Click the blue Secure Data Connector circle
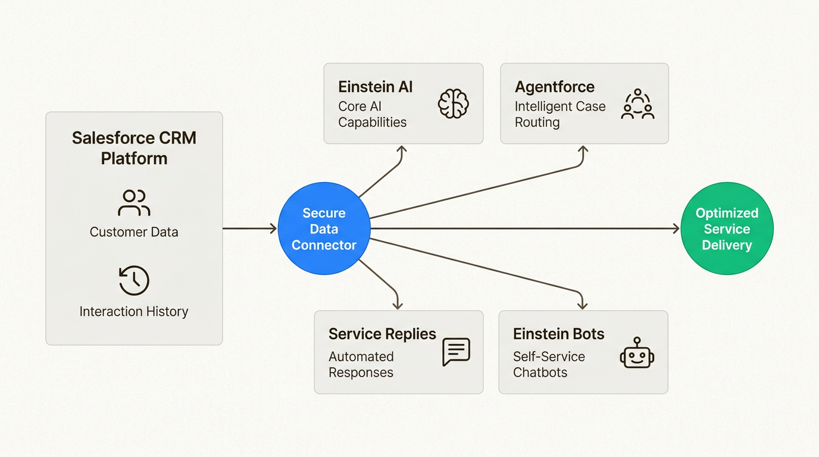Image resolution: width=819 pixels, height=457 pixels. (x=324, y=228)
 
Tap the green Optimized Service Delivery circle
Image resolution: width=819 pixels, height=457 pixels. (x=727, y=228)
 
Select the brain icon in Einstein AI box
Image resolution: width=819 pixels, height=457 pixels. (x=454, y=104)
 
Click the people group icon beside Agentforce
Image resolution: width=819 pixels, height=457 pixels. (x=637, y=105)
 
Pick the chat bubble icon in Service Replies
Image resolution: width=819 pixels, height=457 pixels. (x=457, y=352)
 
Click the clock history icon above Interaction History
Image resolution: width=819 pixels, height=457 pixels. (x=134, y=281)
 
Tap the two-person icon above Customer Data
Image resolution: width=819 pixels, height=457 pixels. (x=134, y=203)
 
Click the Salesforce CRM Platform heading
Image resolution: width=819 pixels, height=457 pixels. (x=134, y=148)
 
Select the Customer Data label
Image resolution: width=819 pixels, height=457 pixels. (x=134, y=232)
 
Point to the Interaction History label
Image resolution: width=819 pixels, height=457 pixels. (x=134, y=311)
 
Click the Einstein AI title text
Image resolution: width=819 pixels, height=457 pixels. (x=375, y=87)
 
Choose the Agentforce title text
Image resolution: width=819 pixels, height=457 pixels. (x=554, y=87)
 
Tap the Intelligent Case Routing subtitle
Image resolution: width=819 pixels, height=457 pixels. (x=559, y=114)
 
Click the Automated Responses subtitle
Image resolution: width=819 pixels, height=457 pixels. (x=361, y=364)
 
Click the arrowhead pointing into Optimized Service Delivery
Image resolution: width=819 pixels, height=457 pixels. (x=676, y=228)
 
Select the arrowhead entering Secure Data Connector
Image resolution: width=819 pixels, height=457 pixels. (x=273, y=228)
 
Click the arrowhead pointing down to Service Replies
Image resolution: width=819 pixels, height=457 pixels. (x=398, y=305)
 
